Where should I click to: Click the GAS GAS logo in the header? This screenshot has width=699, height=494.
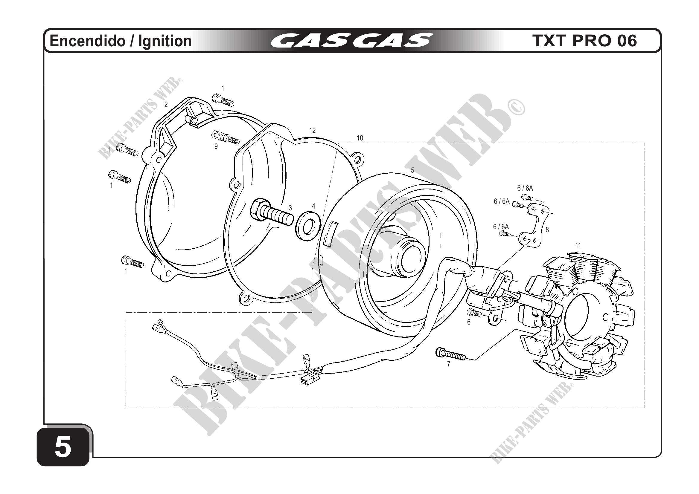351,40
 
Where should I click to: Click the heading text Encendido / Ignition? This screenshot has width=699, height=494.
121,41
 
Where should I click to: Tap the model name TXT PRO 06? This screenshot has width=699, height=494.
584,41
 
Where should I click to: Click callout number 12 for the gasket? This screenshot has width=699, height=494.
312,131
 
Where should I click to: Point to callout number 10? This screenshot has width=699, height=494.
360,138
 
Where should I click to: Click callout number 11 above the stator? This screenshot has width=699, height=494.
578,245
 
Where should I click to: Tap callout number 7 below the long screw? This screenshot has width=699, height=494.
448,364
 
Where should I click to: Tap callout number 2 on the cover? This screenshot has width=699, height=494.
166,105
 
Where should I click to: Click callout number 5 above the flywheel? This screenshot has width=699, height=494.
412,170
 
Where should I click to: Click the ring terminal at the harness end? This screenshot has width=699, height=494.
159,322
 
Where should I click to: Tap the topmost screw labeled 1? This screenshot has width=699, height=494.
223,99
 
